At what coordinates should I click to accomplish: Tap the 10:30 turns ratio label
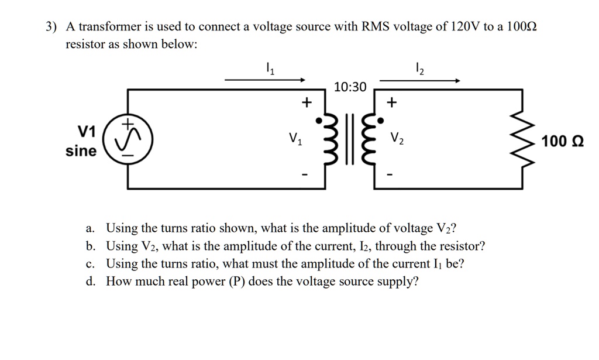tap(350, 87)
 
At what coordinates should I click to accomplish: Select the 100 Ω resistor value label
tap(563, 141)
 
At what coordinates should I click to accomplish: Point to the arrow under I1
tap(265, 80)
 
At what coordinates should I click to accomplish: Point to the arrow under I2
tap(420, 81)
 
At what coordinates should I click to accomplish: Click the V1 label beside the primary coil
tap(296, 139)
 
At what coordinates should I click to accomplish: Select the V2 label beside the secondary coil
tap(397, 139)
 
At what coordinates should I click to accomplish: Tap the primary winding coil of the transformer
tap(329, 140)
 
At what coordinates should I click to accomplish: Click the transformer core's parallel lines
tap(351, 140)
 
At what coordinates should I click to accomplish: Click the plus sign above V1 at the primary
tap(304, 103)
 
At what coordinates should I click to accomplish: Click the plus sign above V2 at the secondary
tap(391, 103)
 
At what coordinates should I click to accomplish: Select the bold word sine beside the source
tap(81, 151)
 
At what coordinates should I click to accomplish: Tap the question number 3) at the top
tap(52, 27)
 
